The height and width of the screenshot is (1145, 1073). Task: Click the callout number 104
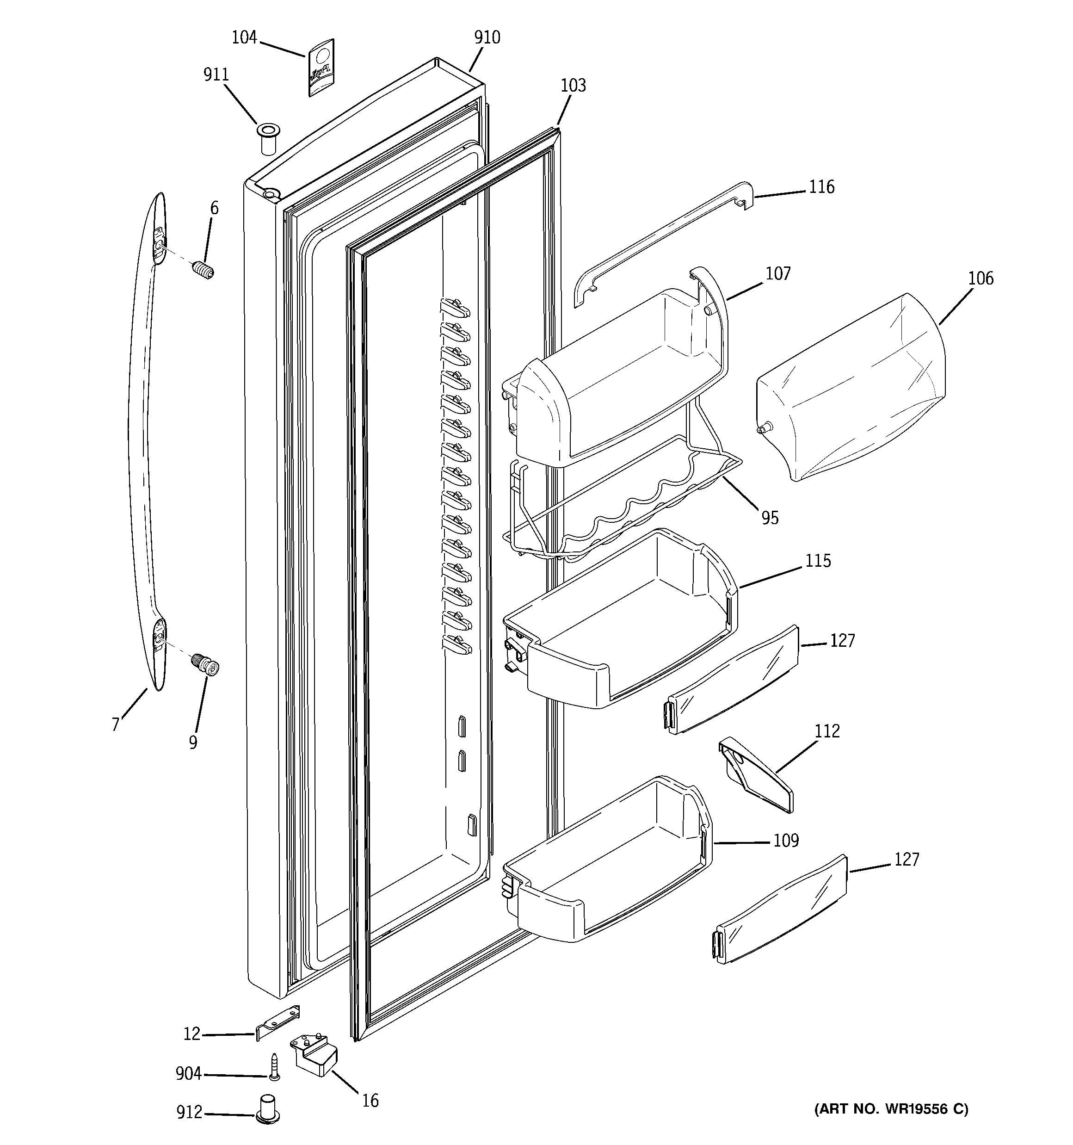(244, 38)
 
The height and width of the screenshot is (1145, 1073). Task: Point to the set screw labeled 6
(203, 269)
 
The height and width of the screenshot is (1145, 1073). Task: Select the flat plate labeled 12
(277, 1021)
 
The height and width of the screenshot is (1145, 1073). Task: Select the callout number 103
(573, 86)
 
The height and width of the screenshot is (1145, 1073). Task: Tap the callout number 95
(770, 518)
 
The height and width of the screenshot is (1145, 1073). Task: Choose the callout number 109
(786, 841)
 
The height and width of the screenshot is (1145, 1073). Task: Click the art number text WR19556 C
(891, 1109)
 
